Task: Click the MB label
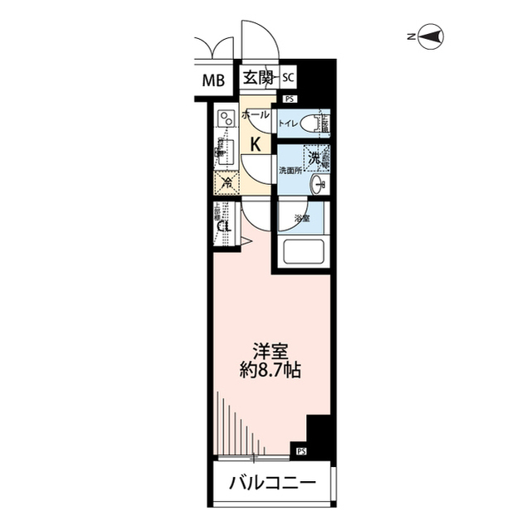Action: point(214,80)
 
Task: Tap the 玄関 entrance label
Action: point(258,79)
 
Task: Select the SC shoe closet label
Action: point(288,78)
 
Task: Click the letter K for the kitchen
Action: point(256,143)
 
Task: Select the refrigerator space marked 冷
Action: point(226,182)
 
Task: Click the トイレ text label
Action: point(289,124)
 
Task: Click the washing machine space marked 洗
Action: point(315,157)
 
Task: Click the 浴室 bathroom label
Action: point(301,219)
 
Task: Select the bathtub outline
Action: point(301,250)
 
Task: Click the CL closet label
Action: point(223,226)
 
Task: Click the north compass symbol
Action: point(431,36)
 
